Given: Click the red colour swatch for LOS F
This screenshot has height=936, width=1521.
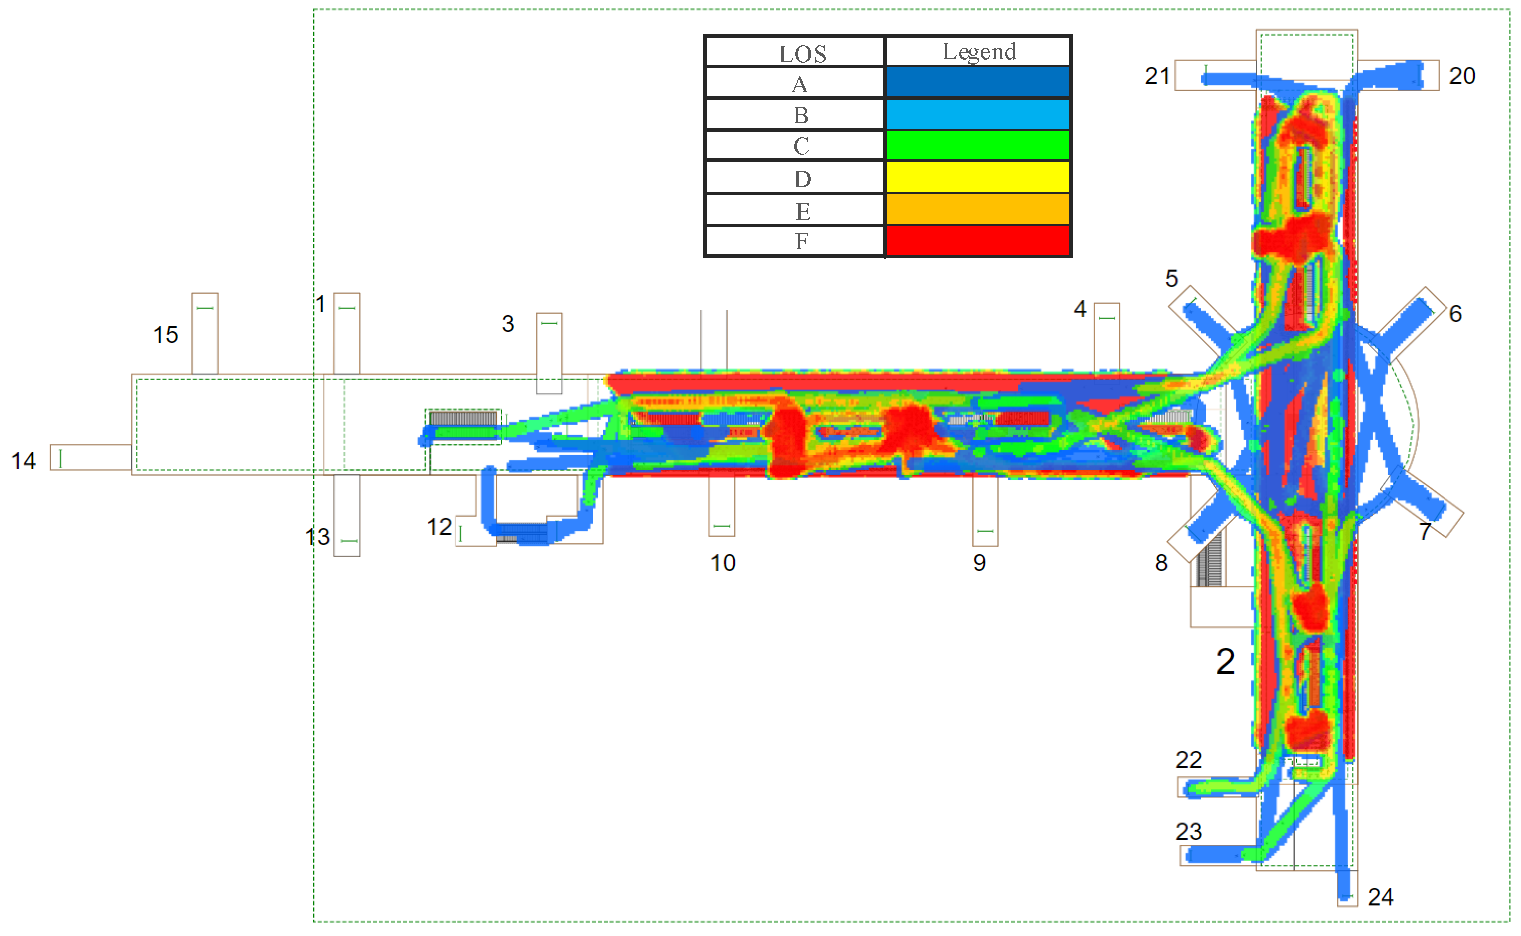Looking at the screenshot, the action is point(978,241).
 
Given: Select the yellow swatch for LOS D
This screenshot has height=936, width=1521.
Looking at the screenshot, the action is point(978,177).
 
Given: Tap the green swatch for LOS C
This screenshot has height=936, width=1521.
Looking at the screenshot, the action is point(978,146).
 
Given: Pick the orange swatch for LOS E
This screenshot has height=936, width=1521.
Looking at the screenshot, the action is point(978,209).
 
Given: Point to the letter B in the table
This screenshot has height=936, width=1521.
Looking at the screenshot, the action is point(801,115).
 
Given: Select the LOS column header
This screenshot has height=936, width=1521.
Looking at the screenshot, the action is point(802,54).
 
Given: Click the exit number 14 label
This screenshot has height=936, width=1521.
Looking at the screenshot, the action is point(23,461).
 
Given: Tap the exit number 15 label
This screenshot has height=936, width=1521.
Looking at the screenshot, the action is point(166,335).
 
